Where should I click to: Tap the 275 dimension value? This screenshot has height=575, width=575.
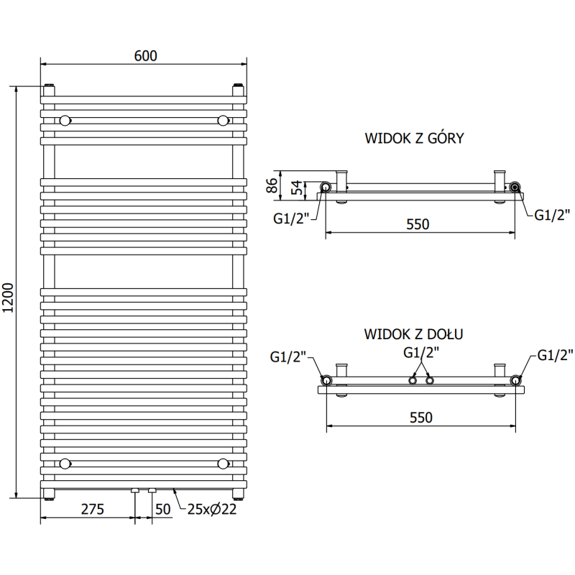[x=92, y=510]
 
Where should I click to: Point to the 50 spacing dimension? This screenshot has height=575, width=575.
[x=162, y=510]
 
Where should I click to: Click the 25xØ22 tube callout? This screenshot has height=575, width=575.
[x=212, y=510]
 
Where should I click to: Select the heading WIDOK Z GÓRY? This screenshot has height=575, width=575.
[x=413, y=138]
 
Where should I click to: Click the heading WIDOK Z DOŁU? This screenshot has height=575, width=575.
[x=413, y=333]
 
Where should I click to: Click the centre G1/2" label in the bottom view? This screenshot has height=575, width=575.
[x=421, y=352]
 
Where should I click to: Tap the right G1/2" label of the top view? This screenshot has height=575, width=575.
[x=549, y=216]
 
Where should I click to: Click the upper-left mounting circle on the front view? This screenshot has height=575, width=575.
[x=65, y=119]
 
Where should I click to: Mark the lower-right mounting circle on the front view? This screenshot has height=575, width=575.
[x=223, y=463]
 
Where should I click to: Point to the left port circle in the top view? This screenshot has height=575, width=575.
[x=326, y=188]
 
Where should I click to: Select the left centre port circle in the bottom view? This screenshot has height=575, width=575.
[x=414, y=379]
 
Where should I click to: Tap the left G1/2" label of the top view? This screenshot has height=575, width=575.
[x=290, y=218]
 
